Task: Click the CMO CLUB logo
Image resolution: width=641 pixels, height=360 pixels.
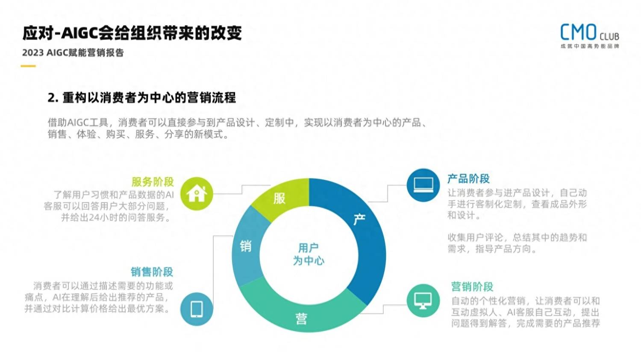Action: click(589, 36)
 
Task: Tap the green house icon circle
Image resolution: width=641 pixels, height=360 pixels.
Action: click(197, 193)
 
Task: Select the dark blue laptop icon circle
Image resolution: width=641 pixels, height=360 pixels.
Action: click(423, 185)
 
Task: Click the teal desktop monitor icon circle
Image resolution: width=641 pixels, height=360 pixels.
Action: click(423, 301)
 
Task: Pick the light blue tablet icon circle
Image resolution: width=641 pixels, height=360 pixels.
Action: click(197, 309)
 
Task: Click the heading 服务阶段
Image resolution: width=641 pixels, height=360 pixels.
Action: click(153, 181)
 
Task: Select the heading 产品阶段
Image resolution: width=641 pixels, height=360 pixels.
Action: click(468, 179)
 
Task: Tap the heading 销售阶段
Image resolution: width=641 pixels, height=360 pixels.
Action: click(152, 272)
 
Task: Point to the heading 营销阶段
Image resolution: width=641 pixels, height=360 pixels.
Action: click(472, 287)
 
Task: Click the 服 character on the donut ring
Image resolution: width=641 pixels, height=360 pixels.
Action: click(279, 198)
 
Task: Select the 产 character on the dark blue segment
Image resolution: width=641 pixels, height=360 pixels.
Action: click(359, 220)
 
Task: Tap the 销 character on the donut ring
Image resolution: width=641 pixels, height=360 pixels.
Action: click(246, 246)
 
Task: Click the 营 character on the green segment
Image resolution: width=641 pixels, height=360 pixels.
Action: click(301, 319)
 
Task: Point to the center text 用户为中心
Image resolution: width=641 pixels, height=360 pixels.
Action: click(309, 254)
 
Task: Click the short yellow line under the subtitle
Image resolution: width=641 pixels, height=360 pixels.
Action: click(28, 66)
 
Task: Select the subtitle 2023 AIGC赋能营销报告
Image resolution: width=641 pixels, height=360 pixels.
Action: click(73, 53)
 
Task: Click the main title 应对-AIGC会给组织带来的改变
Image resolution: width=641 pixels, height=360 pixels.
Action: click(132, 33)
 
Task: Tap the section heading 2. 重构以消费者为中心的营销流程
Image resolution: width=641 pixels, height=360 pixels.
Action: click(141, 97)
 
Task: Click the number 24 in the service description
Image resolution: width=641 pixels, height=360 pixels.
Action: click(94, 218)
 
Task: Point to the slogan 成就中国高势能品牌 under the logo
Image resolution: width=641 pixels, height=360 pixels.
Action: click(590, 46)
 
